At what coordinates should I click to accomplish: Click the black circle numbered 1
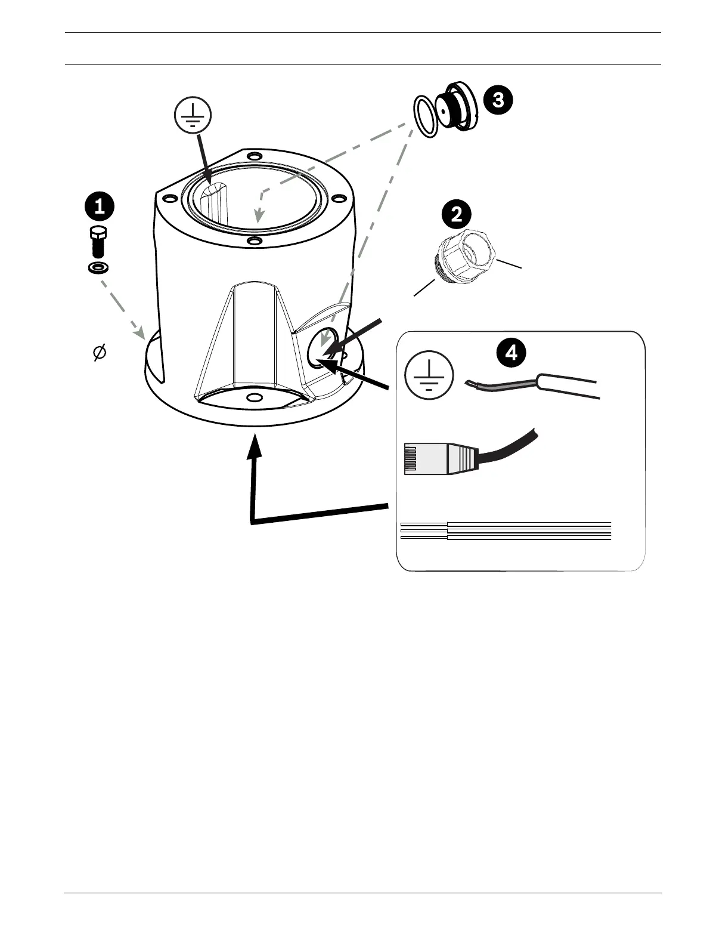(100, 207)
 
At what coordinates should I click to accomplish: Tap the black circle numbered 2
(457, 215)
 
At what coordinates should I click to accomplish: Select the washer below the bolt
(98, 267)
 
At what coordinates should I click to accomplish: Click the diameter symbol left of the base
(99, 353)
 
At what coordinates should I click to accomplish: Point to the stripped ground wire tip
(474, 384)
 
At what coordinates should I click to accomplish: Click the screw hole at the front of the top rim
(255, 241)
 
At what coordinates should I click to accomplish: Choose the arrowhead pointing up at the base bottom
(255, 444)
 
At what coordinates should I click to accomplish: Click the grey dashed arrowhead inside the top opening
(258, 214)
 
